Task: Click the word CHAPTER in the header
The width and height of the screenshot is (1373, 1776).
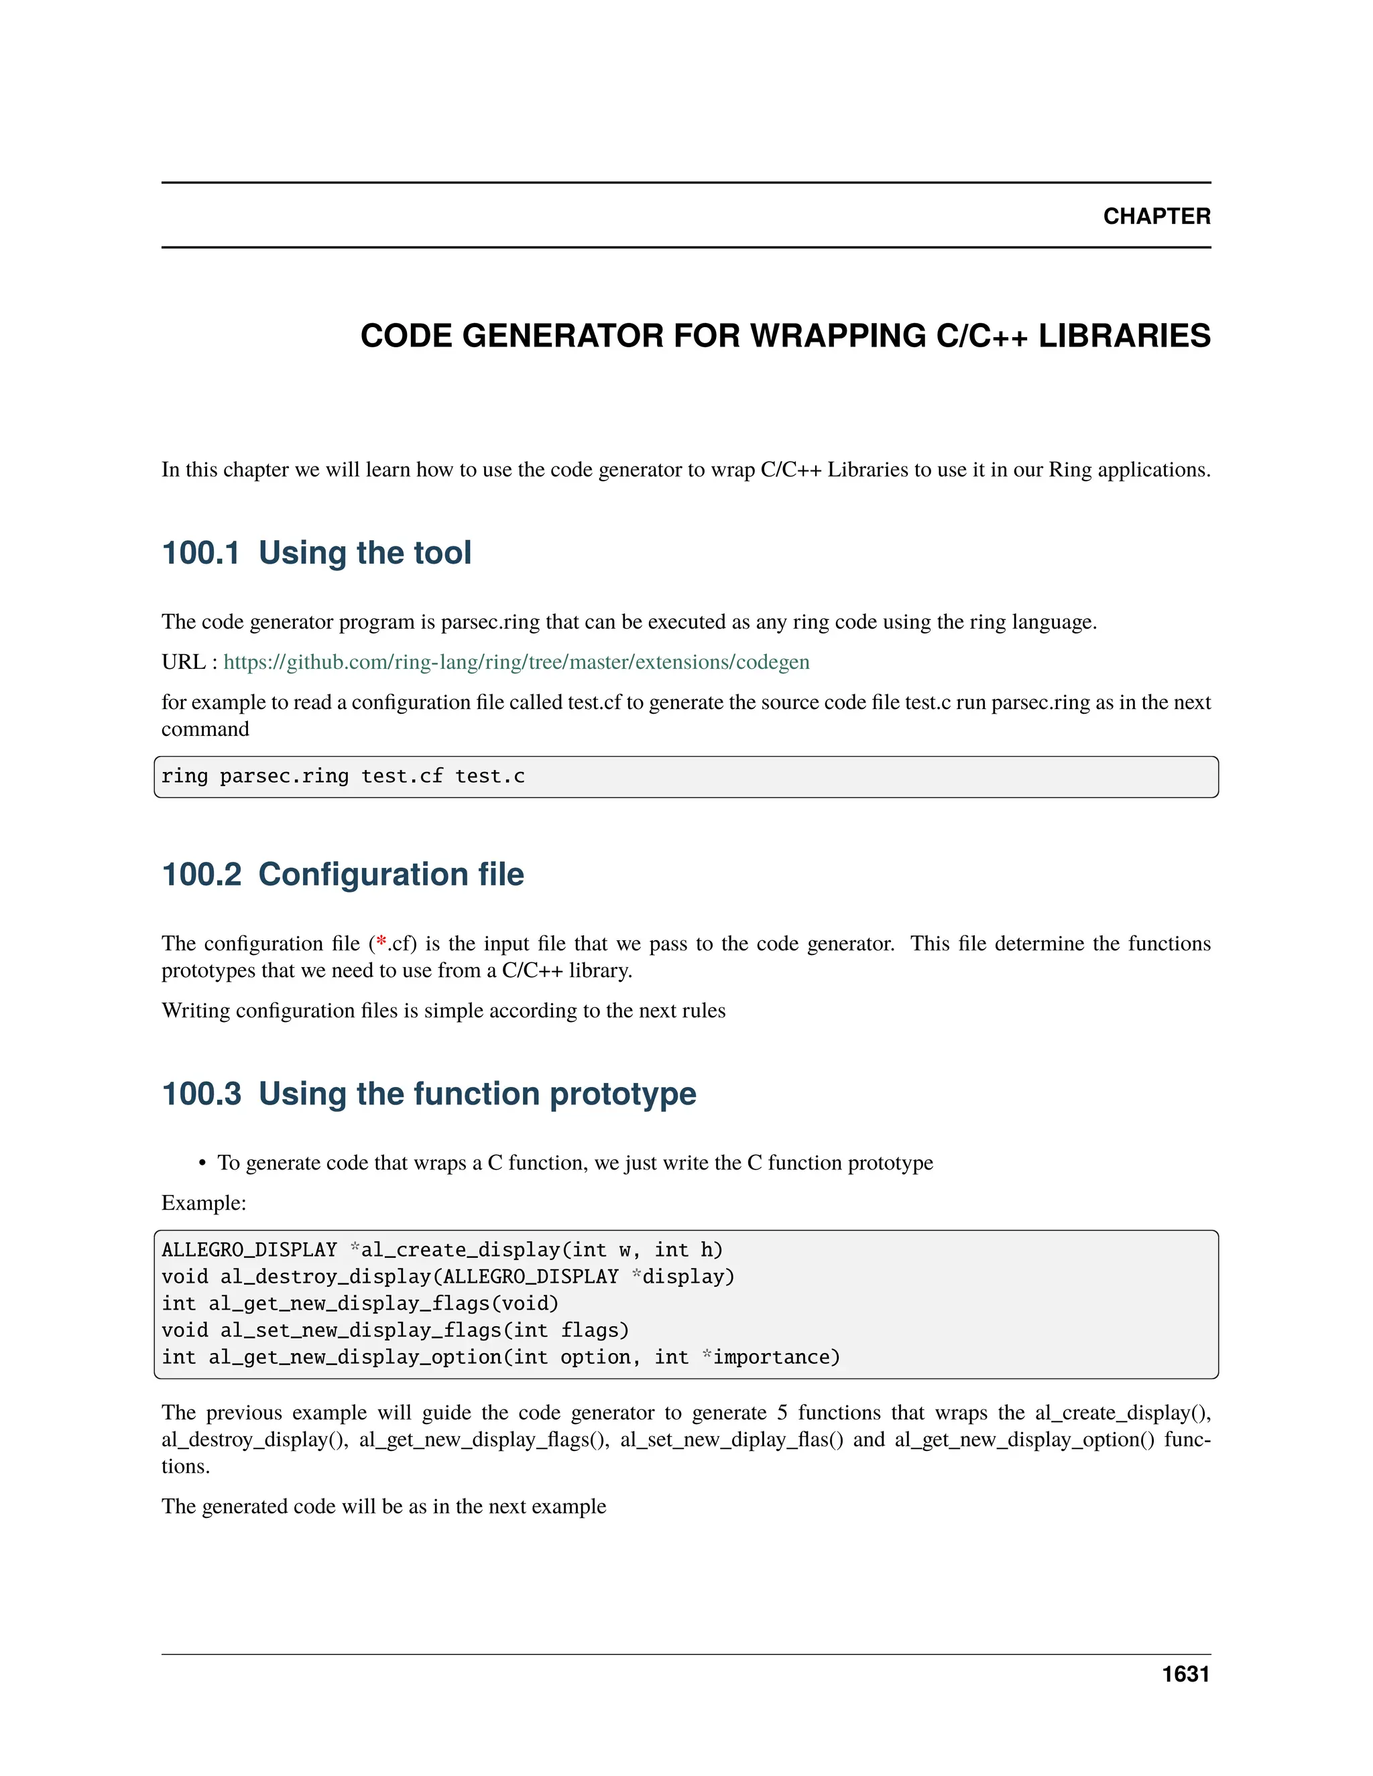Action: click(1156, 216)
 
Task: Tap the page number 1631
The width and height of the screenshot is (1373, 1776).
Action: click(1185, 1674)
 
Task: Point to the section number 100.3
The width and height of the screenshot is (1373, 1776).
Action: click(201, 1094)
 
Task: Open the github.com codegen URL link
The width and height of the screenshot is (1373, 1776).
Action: click(516, 662)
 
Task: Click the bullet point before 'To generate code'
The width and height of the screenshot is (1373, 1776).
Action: click(202, 1163)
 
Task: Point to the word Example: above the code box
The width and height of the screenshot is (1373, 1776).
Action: click(203, 1203)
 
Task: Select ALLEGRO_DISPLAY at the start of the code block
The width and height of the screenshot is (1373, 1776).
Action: click(249, 1250)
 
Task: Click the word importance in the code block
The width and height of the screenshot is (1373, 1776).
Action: click(771, 1357)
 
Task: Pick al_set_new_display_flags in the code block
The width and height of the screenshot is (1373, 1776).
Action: click(361, 1330)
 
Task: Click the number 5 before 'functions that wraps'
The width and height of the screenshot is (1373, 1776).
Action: click(782, 1413)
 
